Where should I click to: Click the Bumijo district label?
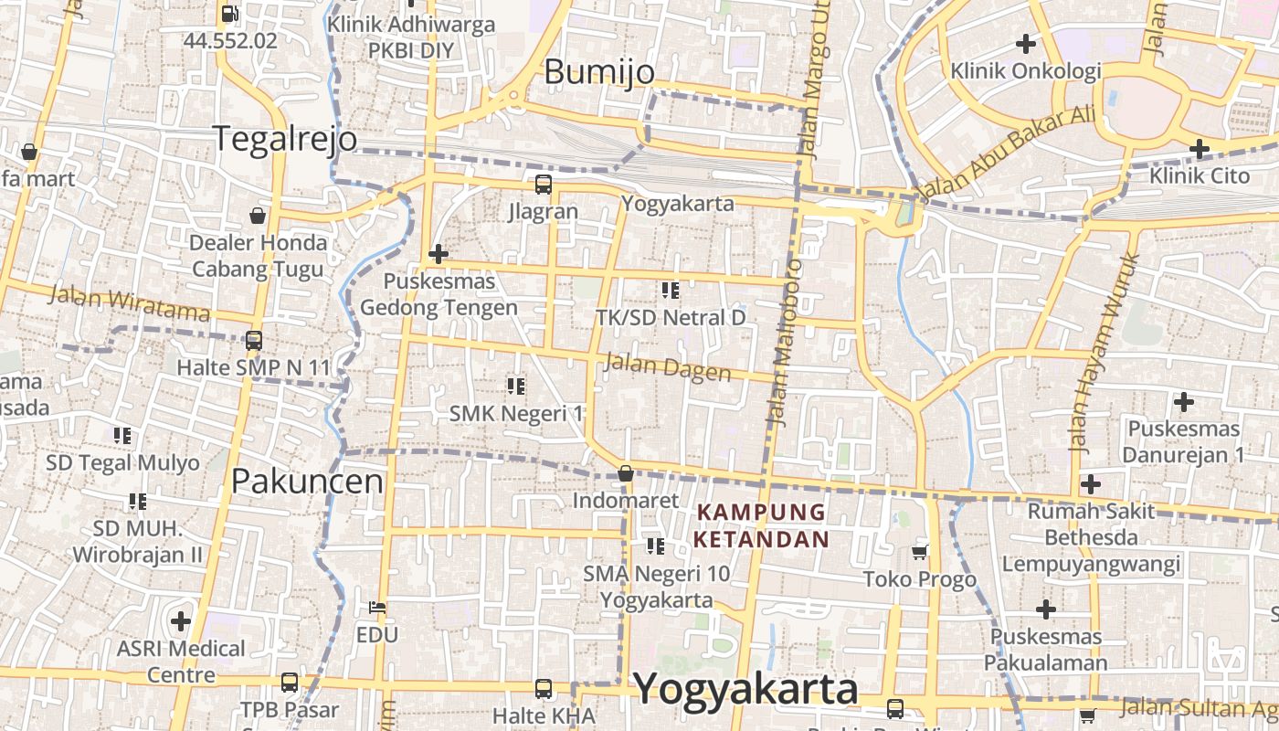coord(599,72)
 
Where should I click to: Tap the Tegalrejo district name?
coord(286,138)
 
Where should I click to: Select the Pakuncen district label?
coord(307,481)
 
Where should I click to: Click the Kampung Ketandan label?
coord(760,525)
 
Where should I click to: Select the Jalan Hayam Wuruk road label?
coord(1105,352)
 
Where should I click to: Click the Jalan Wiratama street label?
coord(129,302)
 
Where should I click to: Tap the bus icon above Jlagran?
coord(544,185)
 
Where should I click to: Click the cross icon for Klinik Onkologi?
coord(1026,43)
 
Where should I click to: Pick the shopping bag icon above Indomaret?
coord(626,473)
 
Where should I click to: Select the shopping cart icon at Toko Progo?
coord(920,552)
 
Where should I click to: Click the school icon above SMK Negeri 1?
coord(516,387)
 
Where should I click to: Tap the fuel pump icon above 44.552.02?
coord(230,14)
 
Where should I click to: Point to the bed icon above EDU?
coord(377,608)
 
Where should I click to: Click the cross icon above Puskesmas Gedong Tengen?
coord(439,253)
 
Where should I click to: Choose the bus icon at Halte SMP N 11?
coord(254,341)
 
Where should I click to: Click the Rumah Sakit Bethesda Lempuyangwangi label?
coord(1091,537)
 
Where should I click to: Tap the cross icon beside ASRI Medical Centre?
coord(181,621)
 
